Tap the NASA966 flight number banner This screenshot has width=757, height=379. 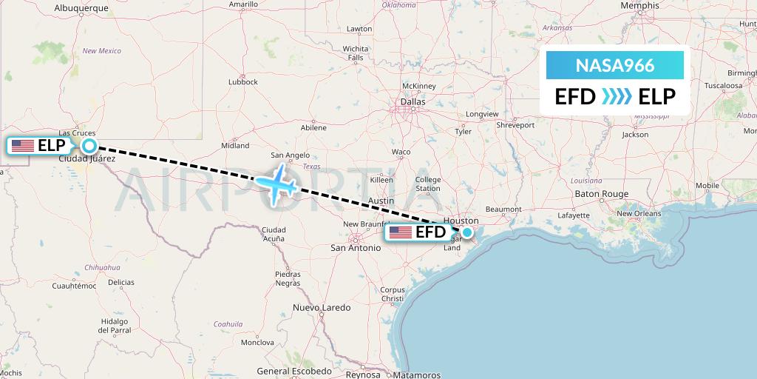pos(614,65)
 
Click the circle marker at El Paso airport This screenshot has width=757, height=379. pos(89,146)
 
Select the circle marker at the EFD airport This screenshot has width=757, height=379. pos(467,232)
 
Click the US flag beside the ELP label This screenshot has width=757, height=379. pos(23,146)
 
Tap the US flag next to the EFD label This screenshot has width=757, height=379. pos(401,232)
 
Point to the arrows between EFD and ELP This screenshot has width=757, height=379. pos(617,97)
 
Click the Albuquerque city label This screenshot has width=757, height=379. pos(81,8)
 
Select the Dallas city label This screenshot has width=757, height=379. pos(413,101)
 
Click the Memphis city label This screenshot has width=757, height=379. pos(639,5)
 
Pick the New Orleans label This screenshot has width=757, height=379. pos(639,213)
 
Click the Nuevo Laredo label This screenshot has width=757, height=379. pos(321,306)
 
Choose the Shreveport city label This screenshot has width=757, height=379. pos(515,125)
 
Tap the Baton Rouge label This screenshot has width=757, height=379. pos(601,194)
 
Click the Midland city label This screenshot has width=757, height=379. pos(235,146)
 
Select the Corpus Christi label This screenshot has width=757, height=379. pos(393,294)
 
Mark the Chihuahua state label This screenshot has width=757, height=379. pos(102,266)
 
